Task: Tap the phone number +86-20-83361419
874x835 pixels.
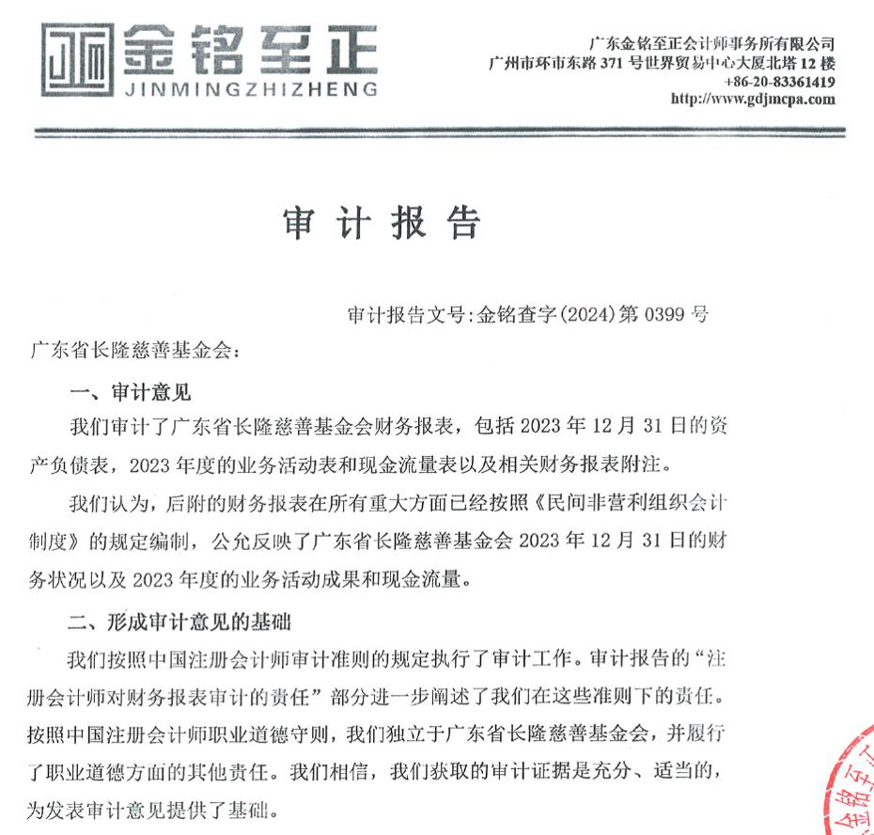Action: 779,82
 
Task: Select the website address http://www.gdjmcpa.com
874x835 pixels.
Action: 753,99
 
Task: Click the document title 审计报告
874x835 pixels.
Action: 382,222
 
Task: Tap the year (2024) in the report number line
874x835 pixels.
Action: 586,313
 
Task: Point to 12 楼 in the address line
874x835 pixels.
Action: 817,63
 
